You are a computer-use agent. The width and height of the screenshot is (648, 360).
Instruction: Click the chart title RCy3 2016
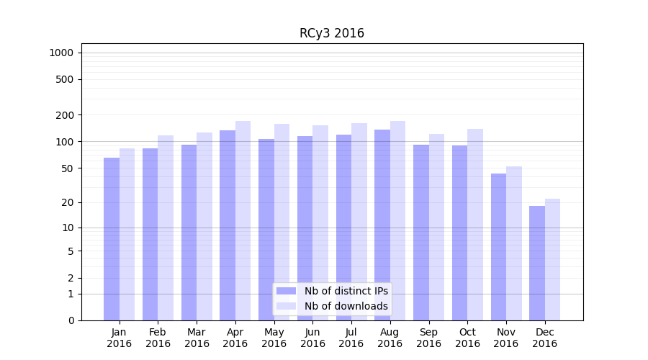click(331, 34)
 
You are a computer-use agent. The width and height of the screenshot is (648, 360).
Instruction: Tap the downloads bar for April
click(243, 220)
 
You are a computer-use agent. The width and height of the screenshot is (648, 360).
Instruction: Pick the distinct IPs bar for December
click(537, 264)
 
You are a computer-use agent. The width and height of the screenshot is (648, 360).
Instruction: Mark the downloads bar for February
click(166, 228)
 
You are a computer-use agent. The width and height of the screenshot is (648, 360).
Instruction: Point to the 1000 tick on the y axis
click(61, 53)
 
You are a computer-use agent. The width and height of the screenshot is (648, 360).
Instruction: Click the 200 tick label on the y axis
click(66, 115)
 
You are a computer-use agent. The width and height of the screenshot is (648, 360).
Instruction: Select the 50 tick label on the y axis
click(68, 168)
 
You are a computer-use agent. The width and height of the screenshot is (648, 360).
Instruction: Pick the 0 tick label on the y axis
click(71, 320)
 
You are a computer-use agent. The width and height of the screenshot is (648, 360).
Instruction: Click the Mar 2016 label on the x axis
click(197, 338)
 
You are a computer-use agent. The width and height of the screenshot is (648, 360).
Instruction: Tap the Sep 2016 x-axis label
click(428, 338)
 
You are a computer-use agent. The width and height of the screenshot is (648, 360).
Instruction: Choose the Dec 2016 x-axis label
click(544, 338)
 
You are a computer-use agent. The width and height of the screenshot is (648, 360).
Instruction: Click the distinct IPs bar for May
click(266, 230)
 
